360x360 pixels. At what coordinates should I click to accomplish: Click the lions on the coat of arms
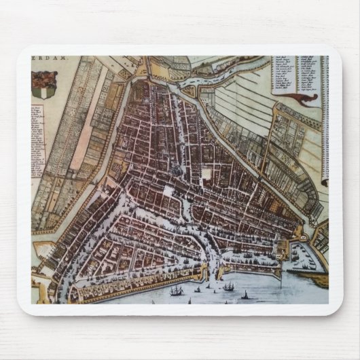(x=44, y=76)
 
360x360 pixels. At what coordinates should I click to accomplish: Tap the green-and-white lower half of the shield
(x=44, y=90)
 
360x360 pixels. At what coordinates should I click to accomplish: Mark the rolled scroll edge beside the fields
(x=324, y=122)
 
